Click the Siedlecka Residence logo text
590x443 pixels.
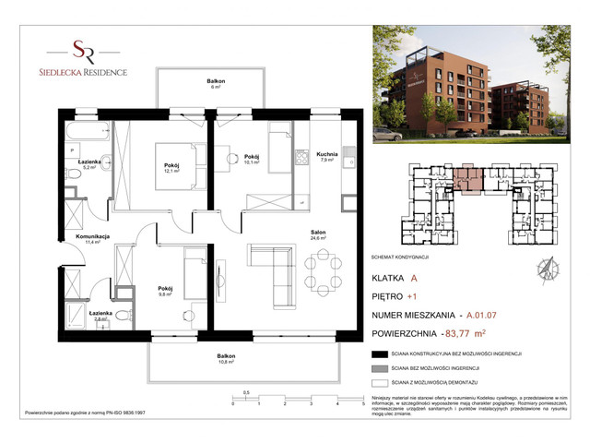click(89, 71)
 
